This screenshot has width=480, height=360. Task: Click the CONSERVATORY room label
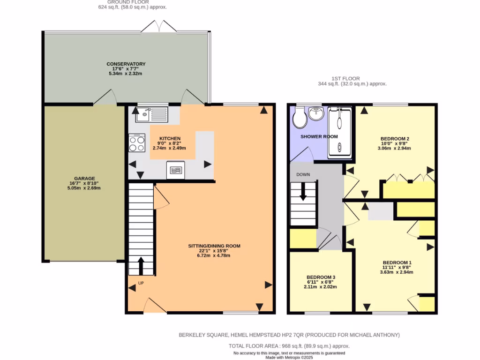click(126, 64)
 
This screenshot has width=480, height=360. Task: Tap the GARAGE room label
click(84, 179)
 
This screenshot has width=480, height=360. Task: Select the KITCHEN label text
click(170, 139)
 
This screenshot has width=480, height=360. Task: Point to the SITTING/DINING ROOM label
click(214, 246)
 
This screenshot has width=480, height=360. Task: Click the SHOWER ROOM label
click(319, 136)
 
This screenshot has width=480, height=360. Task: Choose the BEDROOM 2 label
click(395, 139)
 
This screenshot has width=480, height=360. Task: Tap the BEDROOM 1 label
click(397, 262)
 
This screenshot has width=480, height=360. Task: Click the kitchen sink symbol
click(151, 114)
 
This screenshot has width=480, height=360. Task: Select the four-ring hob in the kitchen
click(137, 143)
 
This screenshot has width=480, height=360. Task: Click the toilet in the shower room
click(299, 118)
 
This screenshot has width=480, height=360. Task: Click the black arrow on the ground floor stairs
click(141, 265)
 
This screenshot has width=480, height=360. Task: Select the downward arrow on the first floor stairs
click(303, 192)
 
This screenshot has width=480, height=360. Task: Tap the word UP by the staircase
click(141, 283)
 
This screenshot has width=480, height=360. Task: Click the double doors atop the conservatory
click(159, 27)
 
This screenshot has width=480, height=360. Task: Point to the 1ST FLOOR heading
click(352, 78)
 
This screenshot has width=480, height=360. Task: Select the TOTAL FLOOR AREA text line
click(289, 346)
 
